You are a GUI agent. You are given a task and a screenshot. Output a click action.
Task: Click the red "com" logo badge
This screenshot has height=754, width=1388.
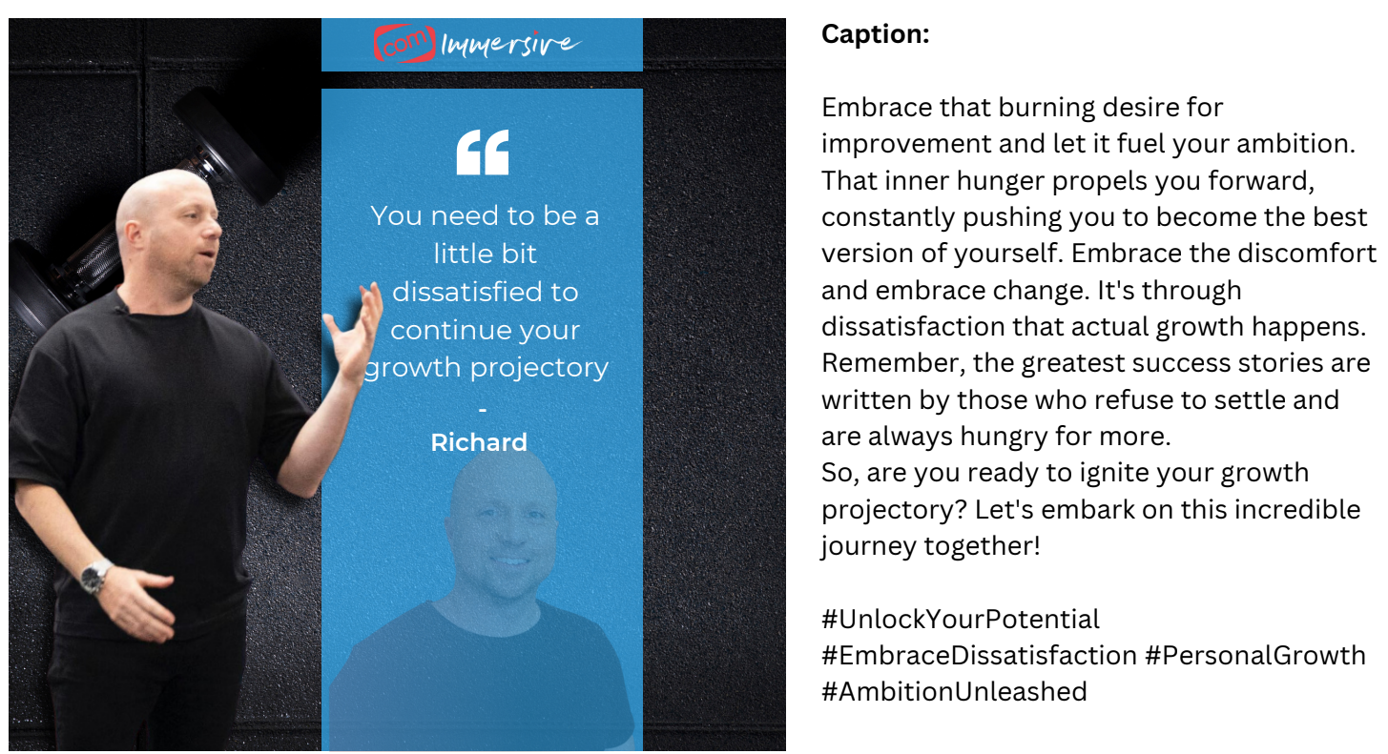tap(404, 43)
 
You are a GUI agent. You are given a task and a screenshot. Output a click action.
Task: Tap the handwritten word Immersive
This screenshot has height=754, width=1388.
tap(510, 45)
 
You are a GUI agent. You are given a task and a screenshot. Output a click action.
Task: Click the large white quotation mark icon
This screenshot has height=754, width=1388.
tap(483, 153)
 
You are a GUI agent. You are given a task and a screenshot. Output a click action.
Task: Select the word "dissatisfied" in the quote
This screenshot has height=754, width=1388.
tap(485, 293)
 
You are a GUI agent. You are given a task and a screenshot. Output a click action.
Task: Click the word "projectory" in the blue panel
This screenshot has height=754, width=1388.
tap(539, 369)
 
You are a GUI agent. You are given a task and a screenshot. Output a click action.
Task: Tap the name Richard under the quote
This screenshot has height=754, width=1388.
tap(479, 442)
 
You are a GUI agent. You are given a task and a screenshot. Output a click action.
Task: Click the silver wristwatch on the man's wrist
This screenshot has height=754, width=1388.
tap(96, 577)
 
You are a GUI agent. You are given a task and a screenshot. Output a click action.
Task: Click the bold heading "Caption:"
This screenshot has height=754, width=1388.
tap(876, 34)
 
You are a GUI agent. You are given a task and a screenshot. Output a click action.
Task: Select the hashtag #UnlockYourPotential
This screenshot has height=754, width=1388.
tap(961, 619)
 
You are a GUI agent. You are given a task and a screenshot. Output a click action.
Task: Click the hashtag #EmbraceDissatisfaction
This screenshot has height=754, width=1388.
tap(979, 656)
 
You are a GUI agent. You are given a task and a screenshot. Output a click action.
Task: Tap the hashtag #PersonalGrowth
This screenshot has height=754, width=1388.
tap(1255, 656)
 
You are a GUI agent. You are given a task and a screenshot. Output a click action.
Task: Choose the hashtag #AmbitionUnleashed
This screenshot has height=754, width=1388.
tap(954, 691)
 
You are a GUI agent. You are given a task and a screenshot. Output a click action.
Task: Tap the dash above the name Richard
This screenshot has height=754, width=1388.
tap(483, 409)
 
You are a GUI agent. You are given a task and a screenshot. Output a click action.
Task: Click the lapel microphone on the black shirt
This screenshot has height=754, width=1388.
tap(118, 309)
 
